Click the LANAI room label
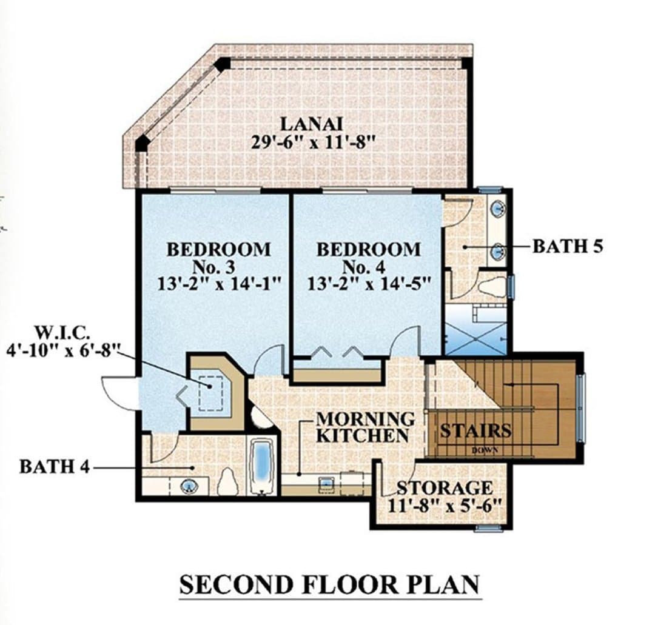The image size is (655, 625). pos(311,124)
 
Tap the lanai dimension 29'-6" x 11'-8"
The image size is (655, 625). pos(311,143)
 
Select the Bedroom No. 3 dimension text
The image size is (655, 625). pos(218,284)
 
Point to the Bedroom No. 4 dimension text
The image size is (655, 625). pos(369,284)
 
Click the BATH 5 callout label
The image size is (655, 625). pos(568,247)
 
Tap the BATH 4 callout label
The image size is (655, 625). pos(55,467)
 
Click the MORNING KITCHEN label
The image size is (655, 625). pos(365,427)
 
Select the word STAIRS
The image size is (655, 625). pos(476,430)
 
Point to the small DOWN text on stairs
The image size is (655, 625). pos(485,450)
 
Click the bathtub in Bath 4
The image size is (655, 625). pos(262,465)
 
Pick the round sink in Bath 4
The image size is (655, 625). pos(189,486)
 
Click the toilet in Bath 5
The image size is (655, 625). pos(491,288)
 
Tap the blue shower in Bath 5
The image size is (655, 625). pos(475,330)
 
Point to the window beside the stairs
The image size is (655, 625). pos(581,407)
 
